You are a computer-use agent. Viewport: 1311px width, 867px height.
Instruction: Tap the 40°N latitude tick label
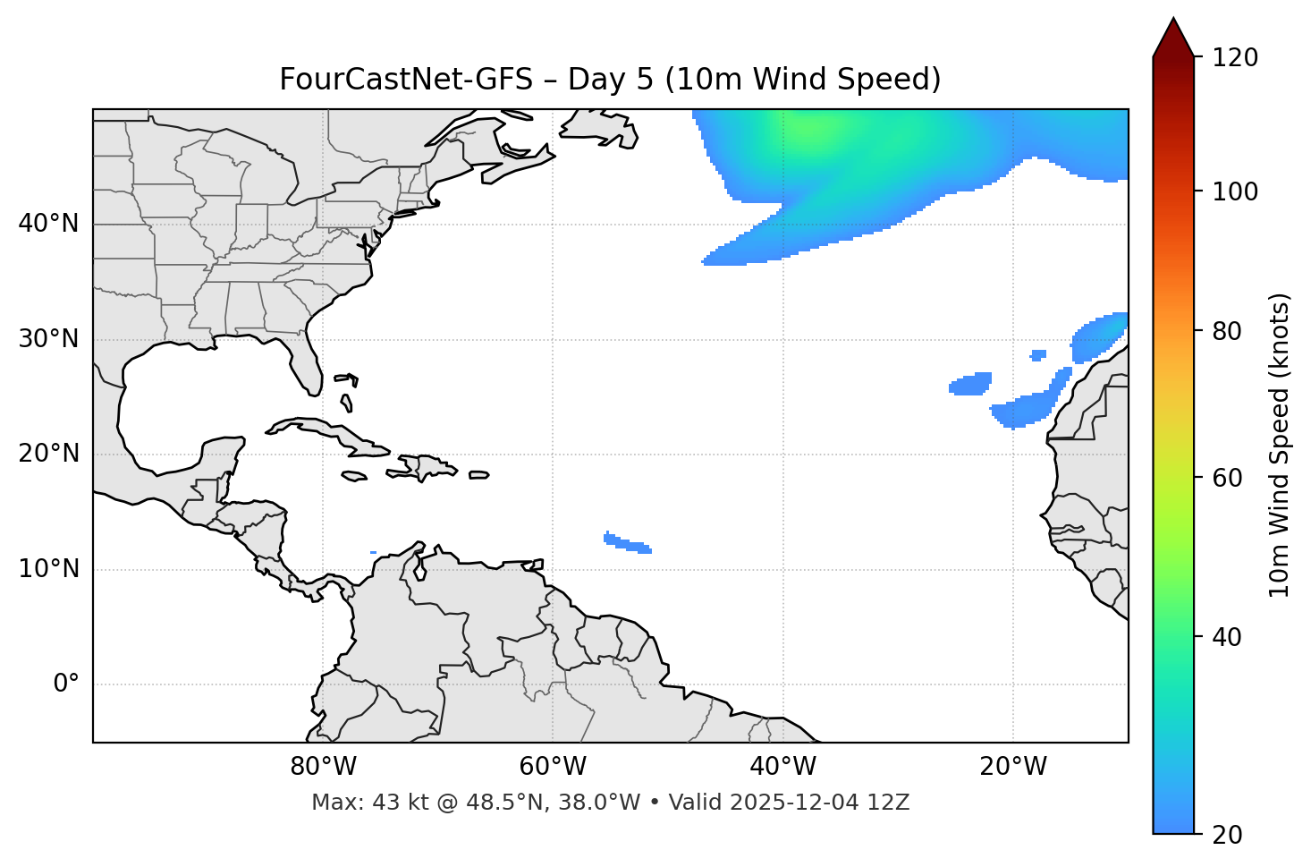click(x=48, y=224)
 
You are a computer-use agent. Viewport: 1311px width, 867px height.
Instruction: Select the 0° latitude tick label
click(x=65, y=684)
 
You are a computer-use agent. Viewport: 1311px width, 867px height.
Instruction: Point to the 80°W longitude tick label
click(x=323, y=767)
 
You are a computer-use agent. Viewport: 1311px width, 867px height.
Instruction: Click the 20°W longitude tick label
click(x=1013, y=767)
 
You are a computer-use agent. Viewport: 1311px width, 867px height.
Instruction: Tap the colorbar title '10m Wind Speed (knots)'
click(x=1280, y=446)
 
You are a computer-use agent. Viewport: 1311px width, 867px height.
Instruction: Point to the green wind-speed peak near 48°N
click(x=809, y=130)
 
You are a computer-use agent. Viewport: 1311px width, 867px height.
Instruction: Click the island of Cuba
click(x=326, y=431)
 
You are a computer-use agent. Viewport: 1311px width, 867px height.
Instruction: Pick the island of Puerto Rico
click(x=479, y=475)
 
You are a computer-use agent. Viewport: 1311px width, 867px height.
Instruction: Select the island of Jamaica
click(x=354, y=476)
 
